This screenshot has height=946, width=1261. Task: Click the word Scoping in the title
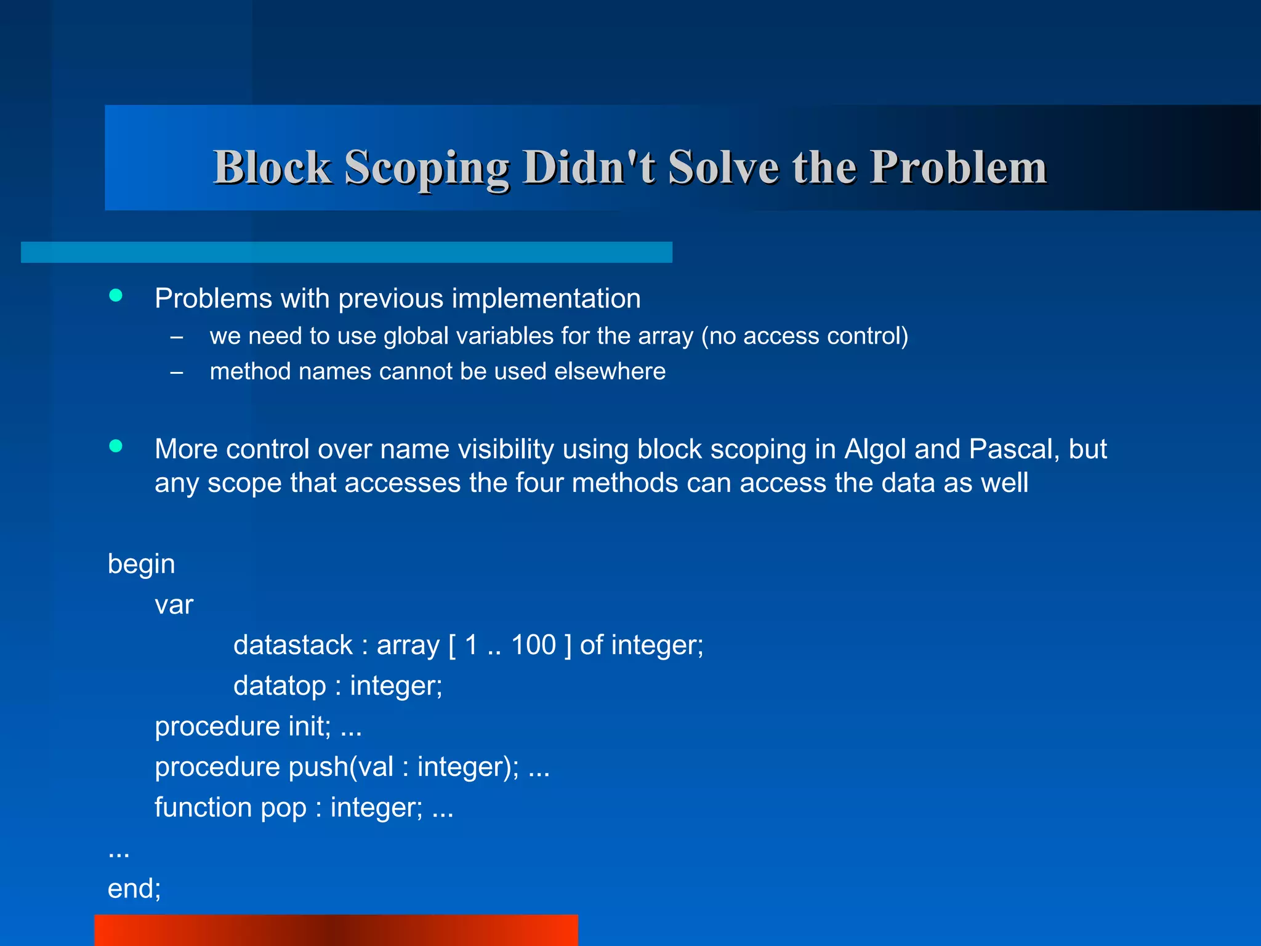point(426,168)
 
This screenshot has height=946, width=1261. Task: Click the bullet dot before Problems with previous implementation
point(116,296)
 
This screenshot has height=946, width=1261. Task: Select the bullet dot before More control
point(116,446)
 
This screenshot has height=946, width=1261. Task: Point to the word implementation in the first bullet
point(546,299)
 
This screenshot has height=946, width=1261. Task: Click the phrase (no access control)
point(805,336)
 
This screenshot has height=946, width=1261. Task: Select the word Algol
point(875,449)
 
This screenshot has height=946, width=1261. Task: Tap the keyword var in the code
point(174,605)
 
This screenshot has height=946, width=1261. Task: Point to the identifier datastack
point(292,645)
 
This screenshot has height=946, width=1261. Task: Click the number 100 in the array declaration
point(533,645)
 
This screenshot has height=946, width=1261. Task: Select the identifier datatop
point(280,686)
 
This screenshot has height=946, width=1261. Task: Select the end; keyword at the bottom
point(134,889)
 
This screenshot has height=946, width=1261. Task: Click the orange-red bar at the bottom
point(336,930)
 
